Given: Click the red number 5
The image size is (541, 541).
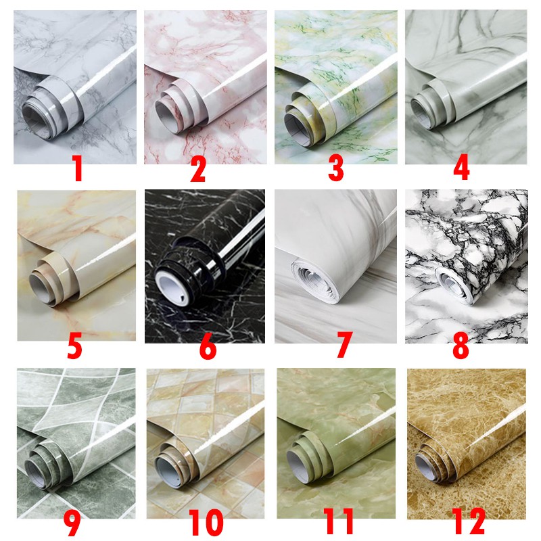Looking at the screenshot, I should (x=74, y=344).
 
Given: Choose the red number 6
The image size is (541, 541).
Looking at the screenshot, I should (x=208, y=344).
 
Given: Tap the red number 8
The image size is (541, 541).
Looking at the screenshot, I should (x=461, y=344).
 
